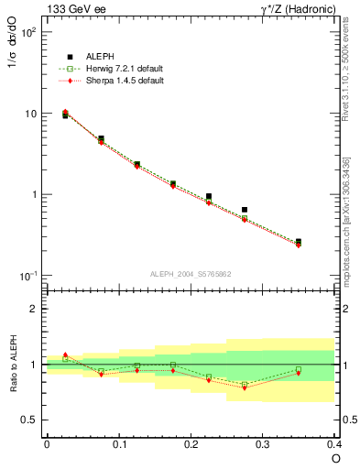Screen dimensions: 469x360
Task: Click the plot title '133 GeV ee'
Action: tap(76, 9)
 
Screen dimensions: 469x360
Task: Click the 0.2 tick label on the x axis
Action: tap(191, 443)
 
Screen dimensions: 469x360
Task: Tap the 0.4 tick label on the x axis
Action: tap(333, 443)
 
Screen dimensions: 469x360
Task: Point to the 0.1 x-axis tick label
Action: tap(119, 443)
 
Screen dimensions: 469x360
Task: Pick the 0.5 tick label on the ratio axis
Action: tap(29, 420)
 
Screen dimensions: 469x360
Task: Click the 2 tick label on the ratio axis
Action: tap(35, 309)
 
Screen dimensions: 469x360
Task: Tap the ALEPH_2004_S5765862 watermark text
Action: tap(191, 274)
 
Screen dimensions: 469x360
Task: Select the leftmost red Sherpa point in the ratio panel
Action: tap(65, 354)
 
